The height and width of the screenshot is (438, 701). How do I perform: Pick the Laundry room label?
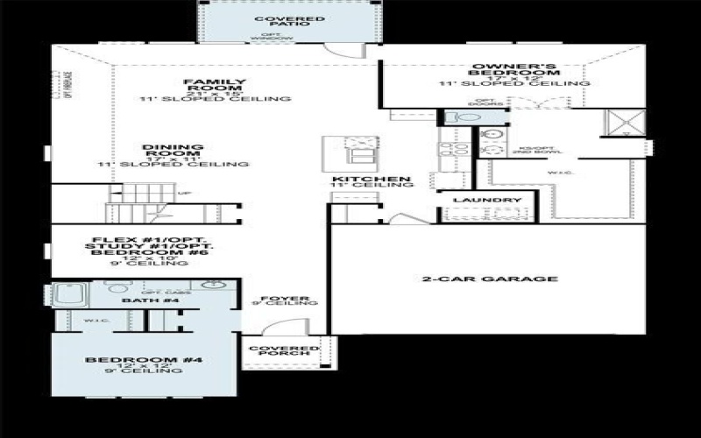[x=475, y=201]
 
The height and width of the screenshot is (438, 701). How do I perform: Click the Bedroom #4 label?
[x=132, y=360]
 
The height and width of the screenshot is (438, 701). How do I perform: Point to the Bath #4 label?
[x=138, y=301]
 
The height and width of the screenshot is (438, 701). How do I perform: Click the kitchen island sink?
[x=358, y=150]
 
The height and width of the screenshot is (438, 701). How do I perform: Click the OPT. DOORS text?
[x=484, y=104]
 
